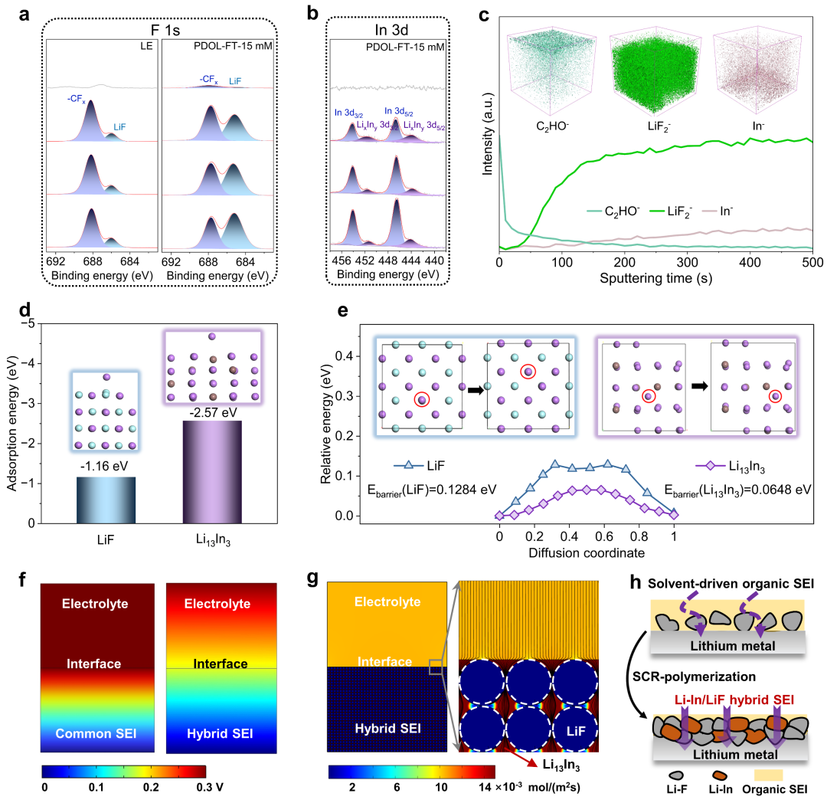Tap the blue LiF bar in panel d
point(106,500)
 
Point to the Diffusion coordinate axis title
point(586,552)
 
